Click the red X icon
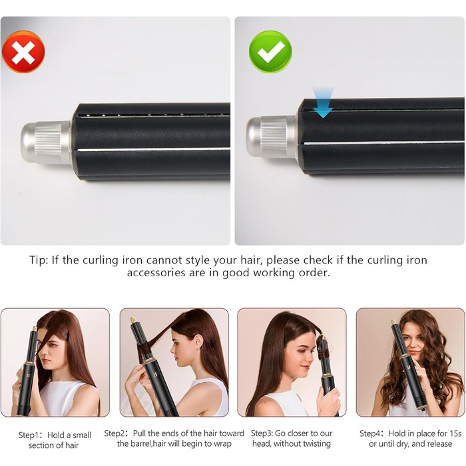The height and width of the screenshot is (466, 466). pos(23,52)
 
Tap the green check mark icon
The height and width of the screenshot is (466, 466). pos(270,52)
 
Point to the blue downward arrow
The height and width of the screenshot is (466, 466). pos(323,103)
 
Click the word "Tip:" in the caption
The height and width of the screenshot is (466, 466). pos(39,260)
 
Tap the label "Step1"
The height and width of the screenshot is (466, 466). pos(28,435)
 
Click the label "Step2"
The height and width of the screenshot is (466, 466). pos(114,433)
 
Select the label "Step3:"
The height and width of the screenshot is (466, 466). pos(262,433)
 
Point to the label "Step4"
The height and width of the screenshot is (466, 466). pos(369,433)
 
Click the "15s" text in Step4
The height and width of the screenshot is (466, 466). pos(455,433)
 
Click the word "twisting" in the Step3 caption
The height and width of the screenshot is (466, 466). pos(318,444)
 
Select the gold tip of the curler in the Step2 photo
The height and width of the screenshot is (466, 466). pos(133,320)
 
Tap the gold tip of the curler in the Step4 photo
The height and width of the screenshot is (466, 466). pos(394,322)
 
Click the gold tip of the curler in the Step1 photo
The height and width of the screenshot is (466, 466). pos(35,330)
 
